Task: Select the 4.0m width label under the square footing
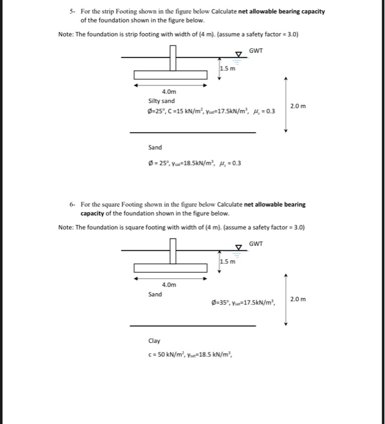tap(169, 284)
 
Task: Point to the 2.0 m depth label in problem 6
tap(298, 299)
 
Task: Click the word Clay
tap(154, 340)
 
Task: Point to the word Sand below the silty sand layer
tap(155, 147)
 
